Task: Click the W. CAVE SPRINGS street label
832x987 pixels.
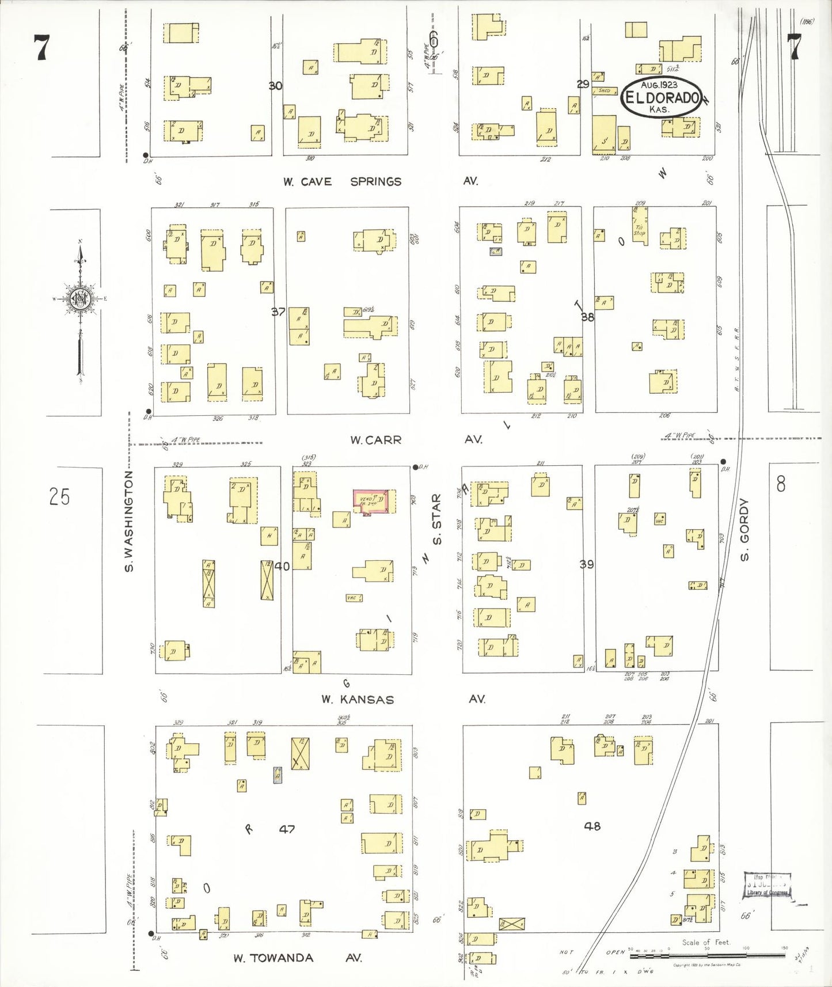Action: [342, 181]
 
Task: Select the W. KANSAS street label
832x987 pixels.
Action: [358, 700]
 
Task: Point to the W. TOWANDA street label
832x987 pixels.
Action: [273, 958]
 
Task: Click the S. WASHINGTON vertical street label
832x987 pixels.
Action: [129, 521]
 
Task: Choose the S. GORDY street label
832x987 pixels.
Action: [744, 529]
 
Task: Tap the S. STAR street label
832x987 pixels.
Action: [437, 519]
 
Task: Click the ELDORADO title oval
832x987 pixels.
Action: [662, 97]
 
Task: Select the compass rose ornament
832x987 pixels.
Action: [80, 299]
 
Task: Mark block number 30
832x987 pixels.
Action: [275, 86]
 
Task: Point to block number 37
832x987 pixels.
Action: [278, 312]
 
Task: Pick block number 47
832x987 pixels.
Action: [287, 829]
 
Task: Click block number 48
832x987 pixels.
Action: [592, 826]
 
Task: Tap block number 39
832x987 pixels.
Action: [586, 564]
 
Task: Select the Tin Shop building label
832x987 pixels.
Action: [639, 230]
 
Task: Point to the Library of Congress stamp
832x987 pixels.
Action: [768, 885]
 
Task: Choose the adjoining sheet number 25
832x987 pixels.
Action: [59, 496]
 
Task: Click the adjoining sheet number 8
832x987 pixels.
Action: [780, 484]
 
